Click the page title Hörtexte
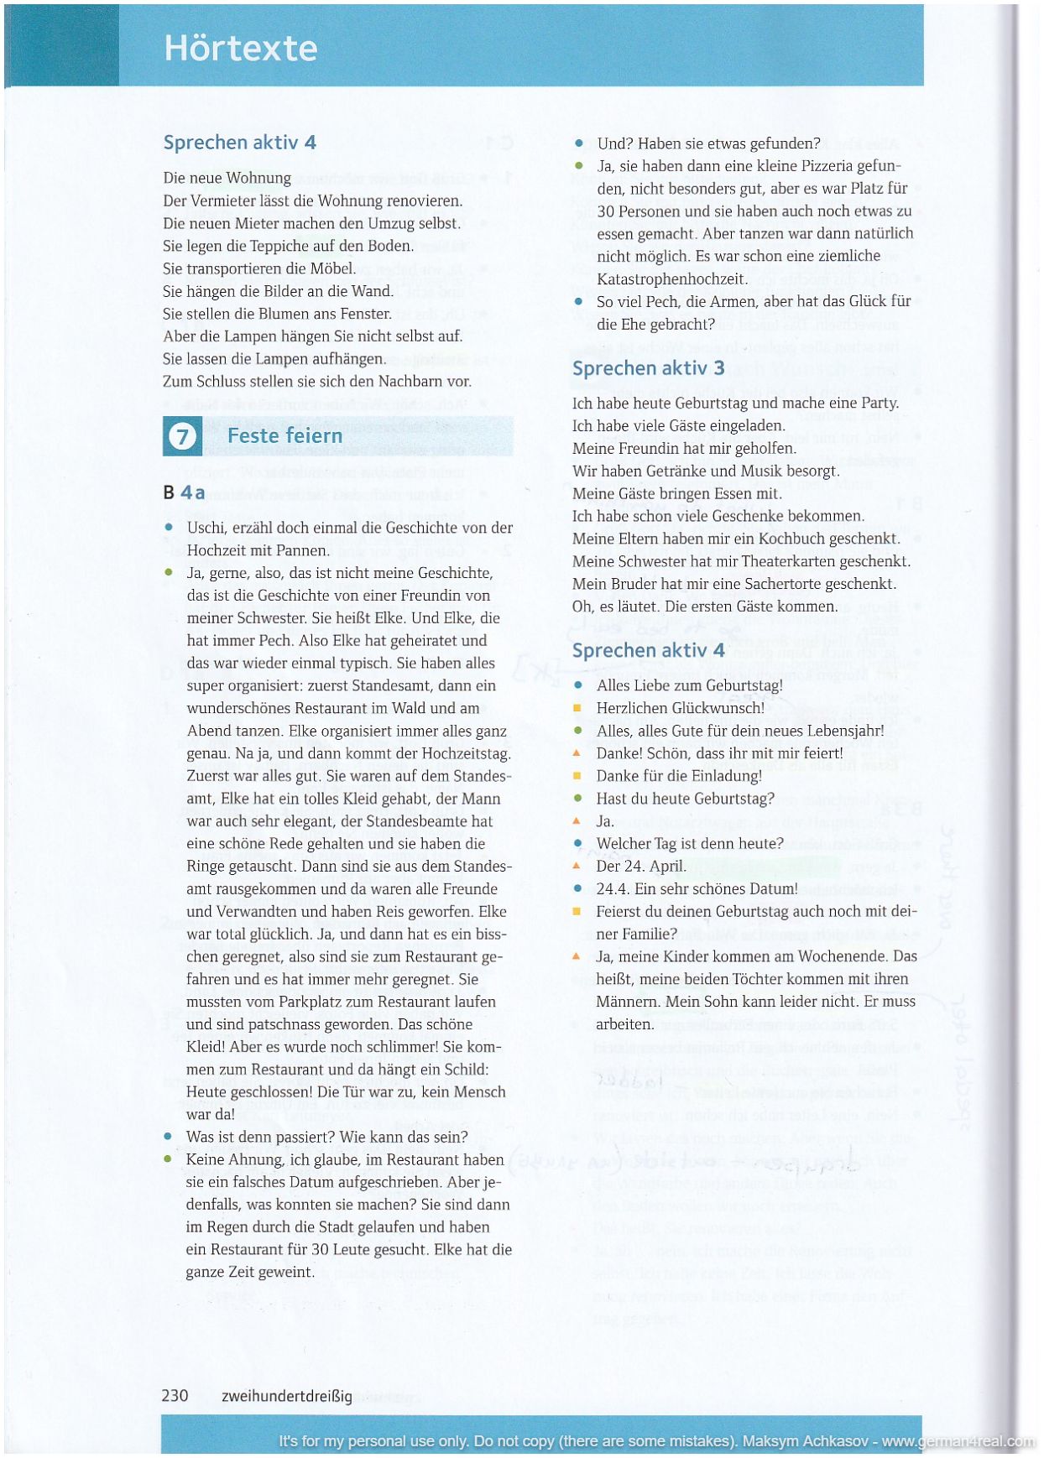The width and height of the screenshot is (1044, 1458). (x=241, y=48)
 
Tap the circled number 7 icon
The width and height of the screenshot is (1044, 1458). (x=182, y=436)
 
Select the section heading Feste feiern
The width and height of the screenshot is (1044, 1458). (x=284, y=436)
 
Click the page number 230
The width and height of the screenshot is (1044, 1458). (x=175, y=1396)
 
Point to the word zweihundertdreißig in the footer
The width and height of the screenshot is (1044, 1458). (x=286, y=1397)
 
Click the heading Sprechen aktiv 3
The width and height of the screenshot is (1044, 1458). (x=648, y=368)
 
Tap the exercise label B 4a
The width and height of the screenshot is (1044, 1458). (x=184, y=492)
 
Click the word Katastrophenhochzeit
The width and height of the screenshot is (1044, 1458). (x=671, y=279)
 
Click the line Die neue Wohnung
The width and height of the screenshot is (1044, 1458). (x=227, y=178)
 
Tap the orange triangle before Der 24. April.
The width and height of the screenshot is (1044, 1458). (x=577, y=866)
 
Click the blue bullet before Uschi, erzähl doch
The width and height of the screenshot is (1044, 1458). (x=169, y=528)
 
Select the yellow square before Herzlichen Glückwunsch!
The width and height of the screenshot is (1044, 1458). (x=577, y=708)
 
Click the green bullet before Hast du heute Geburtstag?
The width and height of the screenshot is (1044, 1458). (x=577, y=799)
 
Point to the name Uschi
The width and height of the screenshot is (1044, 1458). (x=204, y=528)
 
